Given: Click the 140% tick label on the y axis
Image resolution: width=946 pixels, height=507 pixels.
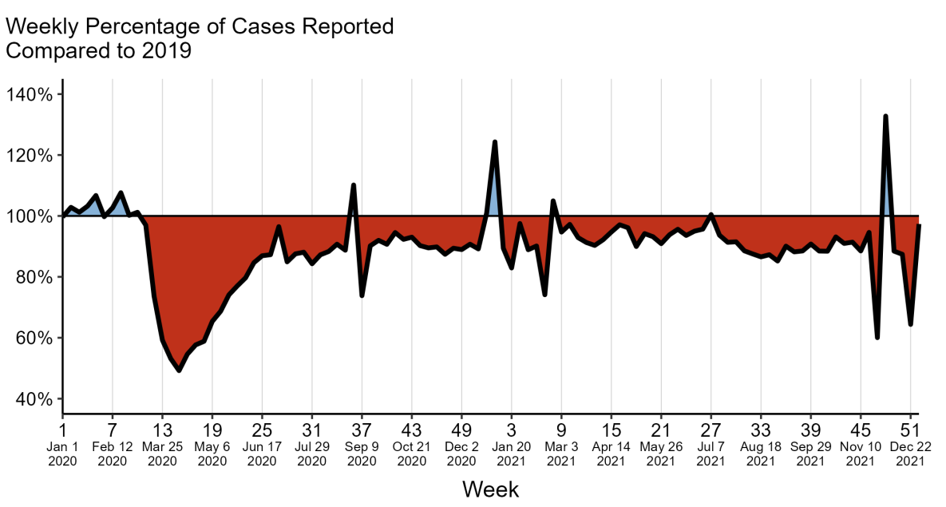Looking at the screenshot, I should [x=30, y=94].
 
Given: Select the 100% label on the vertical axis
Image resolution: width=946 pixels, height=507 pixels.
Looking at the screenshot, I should [x=30, y=216].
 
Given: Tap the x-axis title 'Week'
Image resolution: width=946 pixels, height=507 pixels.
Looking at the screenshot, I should [x=490, y=489].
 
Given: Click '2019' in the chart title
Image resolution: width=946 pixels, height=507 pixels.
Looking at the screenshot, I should [x=167, y=51].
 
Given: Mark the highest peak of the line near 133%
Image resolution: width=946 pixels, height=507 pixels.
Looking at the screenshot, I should [x=885, y=117].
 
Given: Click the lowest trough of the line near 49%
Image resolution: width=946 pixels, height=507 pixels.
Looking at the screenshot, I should [x=179, y=370].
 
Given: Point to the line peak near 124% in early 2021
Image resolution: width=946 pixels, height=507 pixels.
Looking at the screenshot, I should [x=495, y=142].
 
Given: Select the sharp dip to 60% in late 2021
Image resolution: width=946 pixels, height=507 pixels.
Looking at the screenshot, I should [x=877, y=338].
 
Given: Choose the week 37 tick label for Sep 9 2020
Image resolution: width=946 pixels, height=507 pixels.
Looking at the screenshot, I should [x=362, y=426].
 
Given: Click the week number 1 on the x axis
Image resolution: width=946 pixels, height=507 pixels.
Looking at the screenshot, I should [x=62, y=426].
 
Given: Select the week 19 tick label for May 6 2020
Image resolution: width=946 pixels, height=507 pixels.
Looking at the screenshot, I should [x=212, y=426].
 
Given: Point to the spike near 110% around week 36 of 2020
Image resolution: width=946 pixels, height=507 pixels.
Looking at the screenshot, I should [x=353, y=185].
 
